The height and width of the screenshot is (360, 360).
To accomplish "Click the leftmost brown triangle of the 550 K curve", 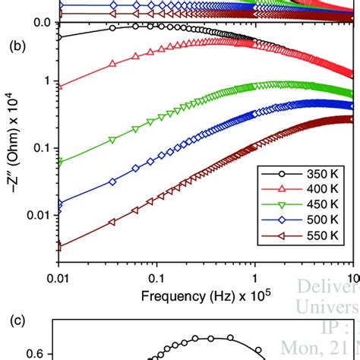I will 58,246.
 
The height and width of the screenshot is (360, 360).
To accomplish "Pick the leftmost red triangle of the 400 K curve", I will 58,87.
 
